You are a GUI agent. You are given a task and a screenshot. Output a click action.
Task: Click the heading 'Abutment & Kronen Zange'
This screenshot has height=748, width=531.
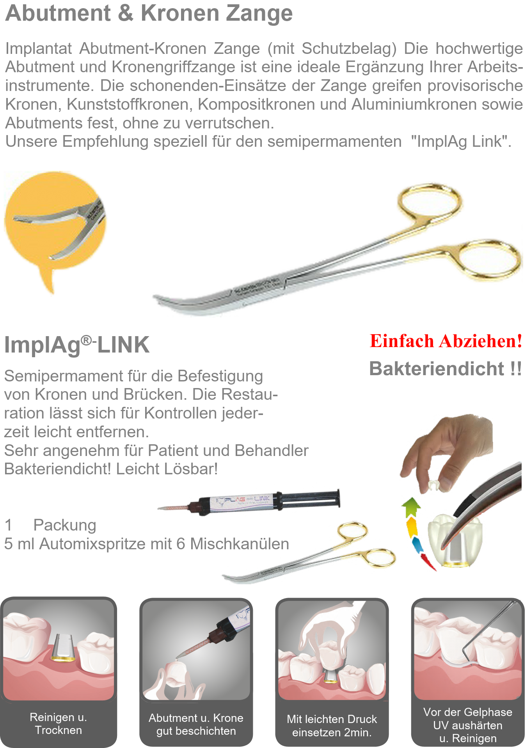click(149, 13)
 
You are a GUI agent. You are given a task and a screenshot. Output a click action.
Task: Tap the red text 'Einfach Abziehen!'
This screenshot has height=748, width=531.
click(446, 341)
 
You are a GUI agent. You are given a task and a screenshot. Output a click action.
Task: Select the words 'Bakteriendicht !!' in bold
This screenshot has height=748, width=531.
click(445, 369)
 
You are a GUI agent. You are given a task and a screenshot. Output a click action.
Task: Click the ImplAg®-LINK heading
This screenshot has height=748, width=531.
click(77, 345)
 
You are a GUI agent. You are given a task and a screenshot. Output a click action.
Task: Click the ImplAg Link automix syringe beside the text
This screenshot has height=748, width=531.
click(250, 500)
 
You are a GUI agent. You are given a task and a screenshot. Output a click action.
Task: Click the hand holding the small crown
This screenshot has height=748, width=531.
click(445, 453)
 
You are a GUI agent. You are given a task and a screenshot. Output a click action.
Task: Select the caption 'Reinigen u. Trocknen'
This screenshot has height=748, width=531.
click(59, 723)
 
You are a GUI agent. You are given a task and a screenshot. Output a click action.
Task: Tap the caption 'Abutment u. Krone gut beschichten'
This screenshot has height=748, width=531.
click(196, 724)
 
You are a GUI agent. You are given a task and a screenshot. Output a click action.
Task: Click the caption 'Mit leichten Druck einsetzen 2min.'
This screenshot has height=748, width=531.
click(332, 725)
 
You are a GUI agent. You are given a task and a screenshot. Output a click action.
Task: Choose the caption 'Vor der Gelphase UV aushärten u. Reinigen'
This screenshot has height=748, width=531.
click(468, 725)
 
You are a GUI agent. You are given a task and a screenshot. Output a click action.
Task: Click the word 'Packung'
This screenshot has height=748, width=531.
click(65, 525)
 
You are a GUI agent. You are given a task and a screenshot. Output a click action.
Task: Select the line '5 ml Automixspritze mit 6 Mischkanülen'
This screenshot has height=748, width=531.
click(147, 544)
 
